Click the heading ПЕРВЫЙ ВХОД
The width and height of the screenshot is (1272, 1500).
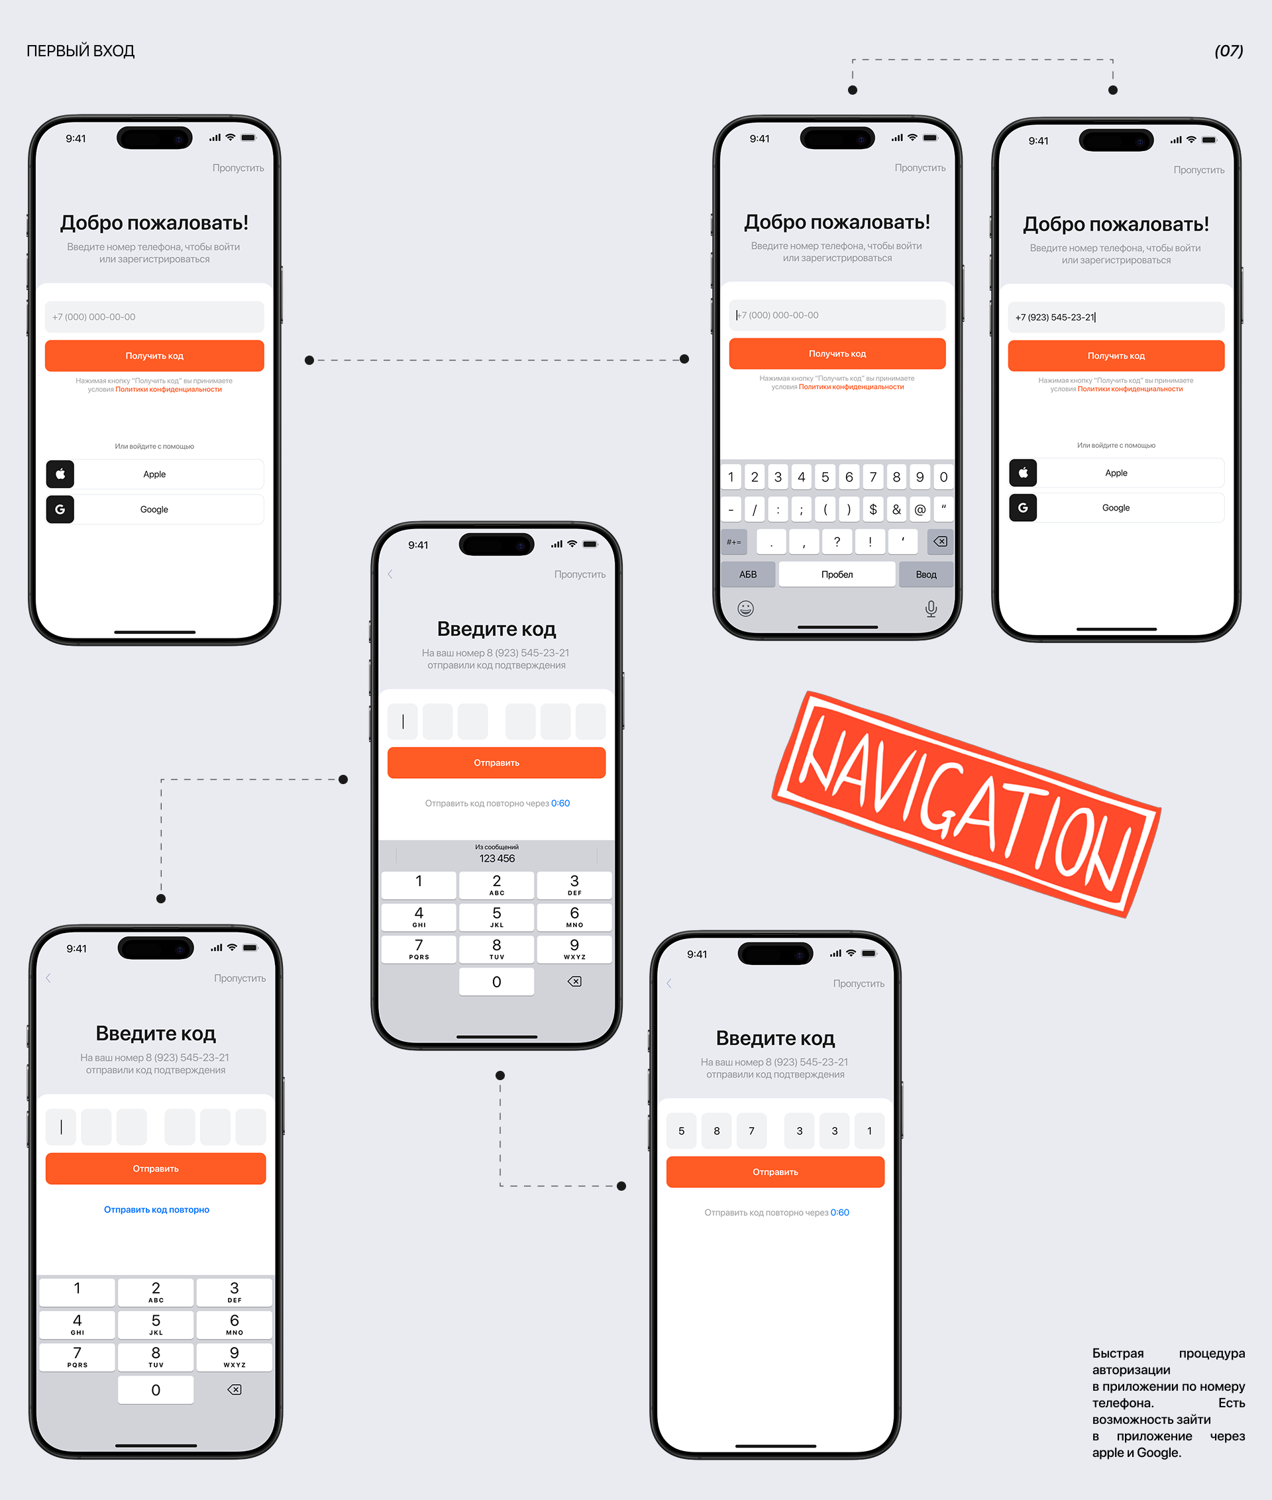click(x=81, y=51)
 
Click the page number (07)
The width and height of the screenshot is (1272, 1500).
click(x=1229, y=51)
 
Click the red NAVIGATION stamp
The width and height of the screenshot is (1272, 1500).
click(x=967, y=804)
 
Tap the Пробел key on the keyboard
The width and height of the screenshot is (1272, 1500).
click(x=837, y=574)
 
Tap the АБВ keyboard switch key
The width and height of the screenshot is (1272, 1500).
click(x=748, y=574)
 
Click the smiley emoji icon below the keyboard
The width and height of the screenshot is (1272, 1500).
click(x=745, y=609)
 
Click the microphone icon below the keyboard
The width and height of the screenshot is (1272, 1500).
click(x=931, y=609)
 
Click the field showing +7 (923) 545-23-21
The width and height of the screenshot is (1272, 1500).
click(x=1116, y=317)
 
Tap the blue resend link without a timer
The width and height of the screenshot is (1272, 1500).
click(x=156, y=1209)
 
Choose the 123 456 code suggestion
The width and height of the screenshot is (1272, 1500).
click(x=497, y=854)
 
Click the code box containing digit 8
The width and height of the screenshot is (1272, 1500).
click(x=716, y=1131)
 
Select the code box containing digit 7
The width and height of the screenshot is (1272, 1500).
click(x=751, y=1131)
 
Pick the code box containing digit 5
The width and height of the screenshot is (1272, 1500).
click(x=682, y=1131)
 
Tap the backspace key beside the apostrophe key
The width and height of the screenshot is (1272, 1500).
click(x=940, y=541)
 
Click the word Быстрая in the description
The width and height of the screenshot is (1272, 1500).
click(x=1118, y=1353)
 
